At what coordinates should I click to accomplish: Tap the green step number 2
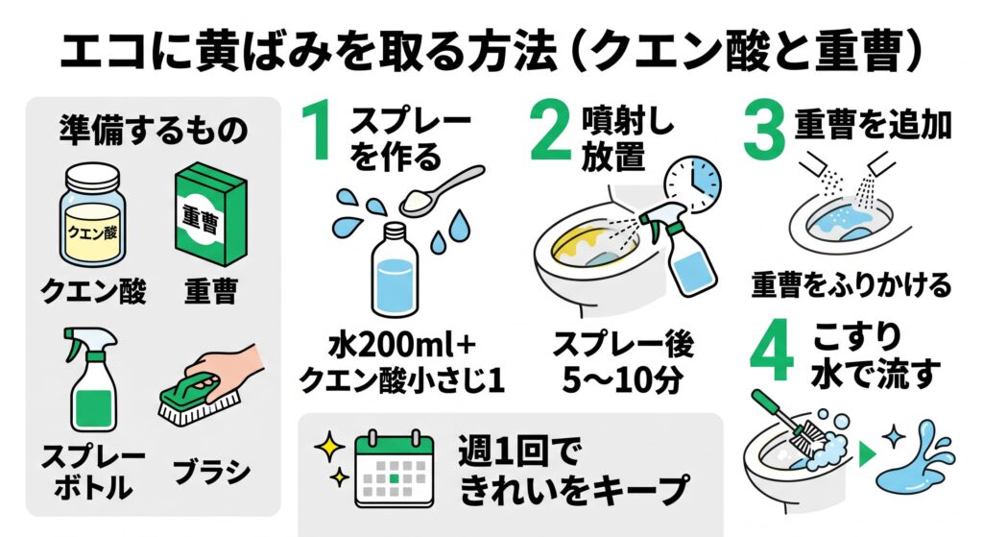click(x=550, y=132)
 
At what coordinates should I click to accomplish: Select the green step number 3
click(x=763, y=132)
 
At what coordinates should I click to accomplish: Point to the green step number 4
click(x=773, y=352)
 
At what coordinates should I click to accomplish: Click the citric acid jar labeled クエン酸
click(x=92, y=215)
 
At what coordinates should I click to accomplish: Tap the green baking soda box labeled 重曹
click(x=209, y=213)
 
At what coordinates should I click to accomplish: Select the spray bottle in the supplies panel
click(x=92, y=379)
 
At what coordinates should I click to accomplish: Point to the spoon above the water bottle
click(x=442, y=191)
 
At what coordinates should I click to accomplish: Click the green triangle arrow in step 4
click(x=867, y=454)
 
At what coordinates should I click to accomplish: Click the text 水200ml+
click(x=402, y=345)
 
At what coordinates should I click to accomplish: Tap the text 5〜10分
click(x=622, y=379)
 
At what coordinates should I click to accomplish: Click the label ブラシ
click(x=211, y=472)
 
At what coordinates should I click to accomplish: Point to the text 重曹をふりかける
click(x=851, y=284)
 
